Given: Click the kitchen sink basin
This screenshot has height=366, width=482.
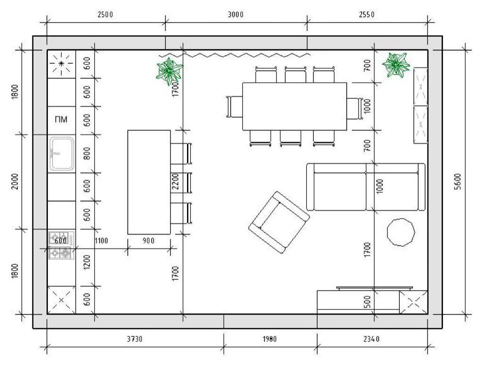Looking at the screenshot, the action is click(62, 153).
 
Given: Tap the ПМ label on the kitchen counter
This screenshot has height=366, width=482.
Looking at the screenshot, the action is click(61, 120).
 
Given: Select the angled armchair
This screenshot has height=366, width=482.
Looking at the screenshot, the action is click(279, 222).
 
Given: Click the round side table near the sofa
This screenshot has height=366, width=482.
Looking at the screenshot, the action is click(401, 232).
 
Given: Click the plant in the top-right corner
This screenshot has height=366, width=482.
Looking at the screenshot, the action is click(396, 64).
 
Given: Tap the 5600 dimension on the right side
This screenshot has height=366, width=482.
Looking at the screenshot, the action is click(458, 182).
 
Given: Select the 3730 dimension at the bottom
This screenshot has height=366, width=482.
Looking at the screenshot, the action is click(135, 339).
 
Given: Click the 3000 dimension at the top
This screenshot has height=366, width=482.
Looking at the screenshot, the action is click(236, 15).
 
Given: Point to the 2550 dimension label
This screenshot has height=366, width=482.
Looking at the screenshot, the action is click(367, 15).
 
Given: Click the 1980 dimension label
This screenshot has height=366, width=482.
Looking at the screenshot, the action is click(269, 339).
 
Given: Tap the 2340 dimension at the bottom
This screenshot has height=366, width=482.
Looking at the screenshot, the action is click(372, 339).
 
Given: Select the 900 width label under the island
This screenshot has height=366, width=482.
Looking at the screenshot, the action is click(148, 241).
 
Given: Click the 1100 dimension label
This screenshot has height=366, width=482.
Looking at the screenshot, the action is click(101, 241).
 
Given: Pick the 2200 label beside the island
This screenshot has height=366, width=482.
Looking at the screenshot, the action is click(175, 182).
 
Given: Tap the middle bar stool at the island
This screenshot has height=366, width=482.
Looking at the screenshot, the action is click(181, 183).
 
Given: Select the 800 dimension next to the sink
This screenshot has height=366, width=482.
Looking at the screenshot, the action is click(87, 153).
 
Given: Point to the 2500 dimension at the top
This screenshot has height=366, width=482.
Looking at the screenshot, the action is click(105, 15).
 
